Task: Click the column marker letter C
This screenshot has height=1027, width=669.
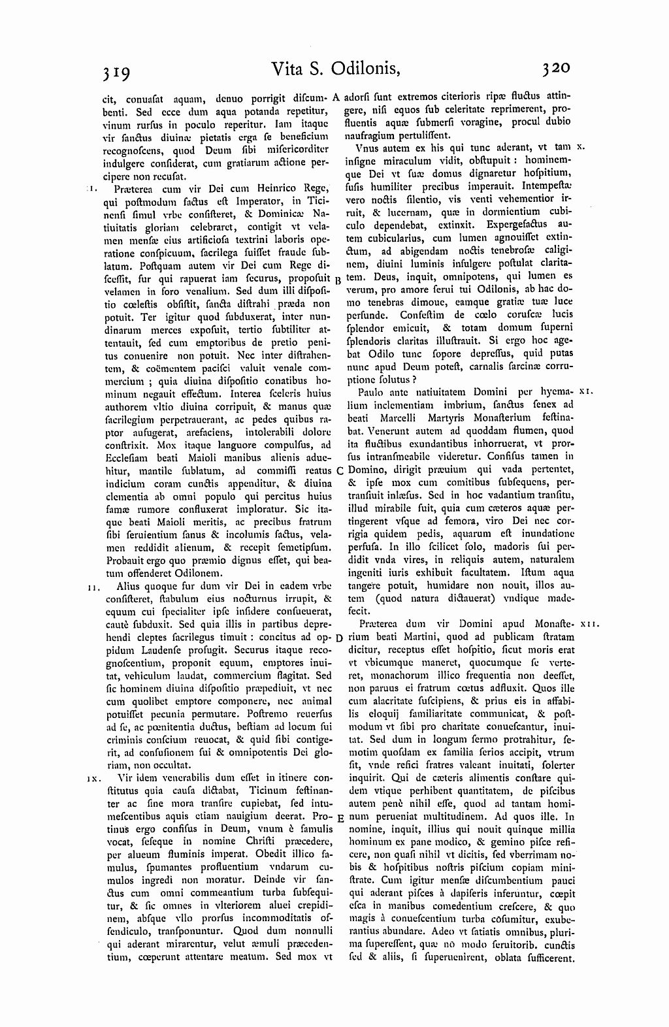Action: click(x=339, y=470)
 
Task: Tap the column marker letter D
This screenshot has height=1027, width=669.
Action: click(x=339, y=638)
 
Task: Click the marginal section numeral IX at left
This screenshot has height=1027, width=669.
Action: click(x=91, y=779)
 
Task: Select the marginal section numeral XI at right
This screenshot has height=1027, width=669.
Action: click(x=585, y=393)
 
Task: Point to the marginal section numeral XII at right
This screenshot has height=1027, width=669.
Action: click(x=589, y=625)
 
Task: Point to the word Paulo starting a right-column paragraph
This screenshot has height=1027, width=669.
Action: click(x=371, y=393)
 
